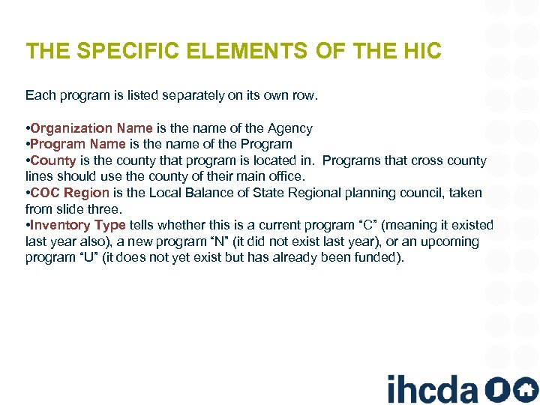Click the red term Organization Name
click(91, 128)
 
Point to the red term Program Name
click(78, 144)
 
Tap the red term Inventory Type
click(78, 225)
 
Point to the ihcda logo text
click(432, 388)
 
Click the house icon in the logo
click(524, 388)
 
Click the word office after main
click(286, 176)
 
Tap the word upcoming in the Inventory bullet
click(448, 241)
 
